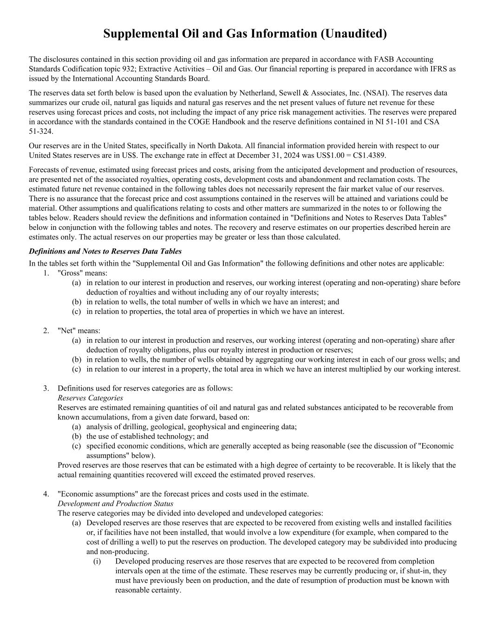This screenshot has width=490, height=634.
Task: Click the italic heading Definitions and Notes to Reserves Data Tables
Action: (x=105, y=251)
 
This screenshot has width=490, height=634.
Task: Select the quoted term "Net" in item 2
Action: (x=65, y=331)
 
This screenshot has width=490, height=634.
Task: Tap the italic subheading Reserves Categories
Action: (x=90, y=398)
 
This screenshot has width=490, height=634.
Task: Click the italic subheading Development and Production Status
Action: (x=115, y=503)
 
